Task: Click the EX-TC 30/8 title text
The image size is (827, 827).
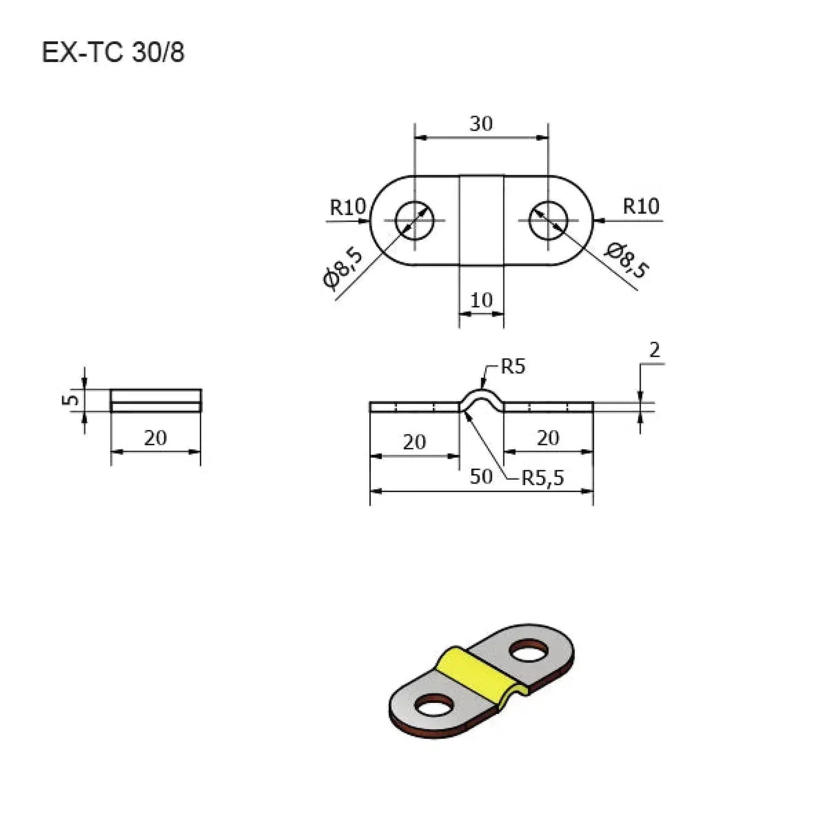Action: click(113, 53)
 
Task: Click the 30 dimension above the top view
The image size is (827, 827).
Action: click(481, 124)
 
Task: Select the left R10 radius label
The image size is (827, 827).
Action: click(347, 207)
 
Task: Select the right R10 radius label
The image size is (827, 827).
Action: click(641, 206)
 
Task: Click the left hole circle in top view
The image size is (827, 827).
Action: click(415, 220)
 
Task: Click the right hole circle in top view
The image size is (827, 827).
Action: click(548, 220)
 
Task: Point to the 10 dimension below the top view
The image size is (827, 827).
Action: click(481, 300)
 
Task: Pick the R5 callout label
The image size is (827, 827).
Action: click(513, 367)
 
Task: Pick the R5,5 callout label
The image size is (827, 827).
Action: click(543, 478)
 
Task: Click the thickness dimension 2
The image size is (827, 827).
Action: click(654, 350)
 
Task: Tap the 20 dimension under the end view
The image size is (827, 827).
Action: click(155, 438)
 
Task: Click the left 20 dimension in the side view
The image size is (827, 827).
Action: click(414, 442)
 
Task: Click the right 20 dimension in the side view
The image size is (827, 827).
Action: click(548, 438)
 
